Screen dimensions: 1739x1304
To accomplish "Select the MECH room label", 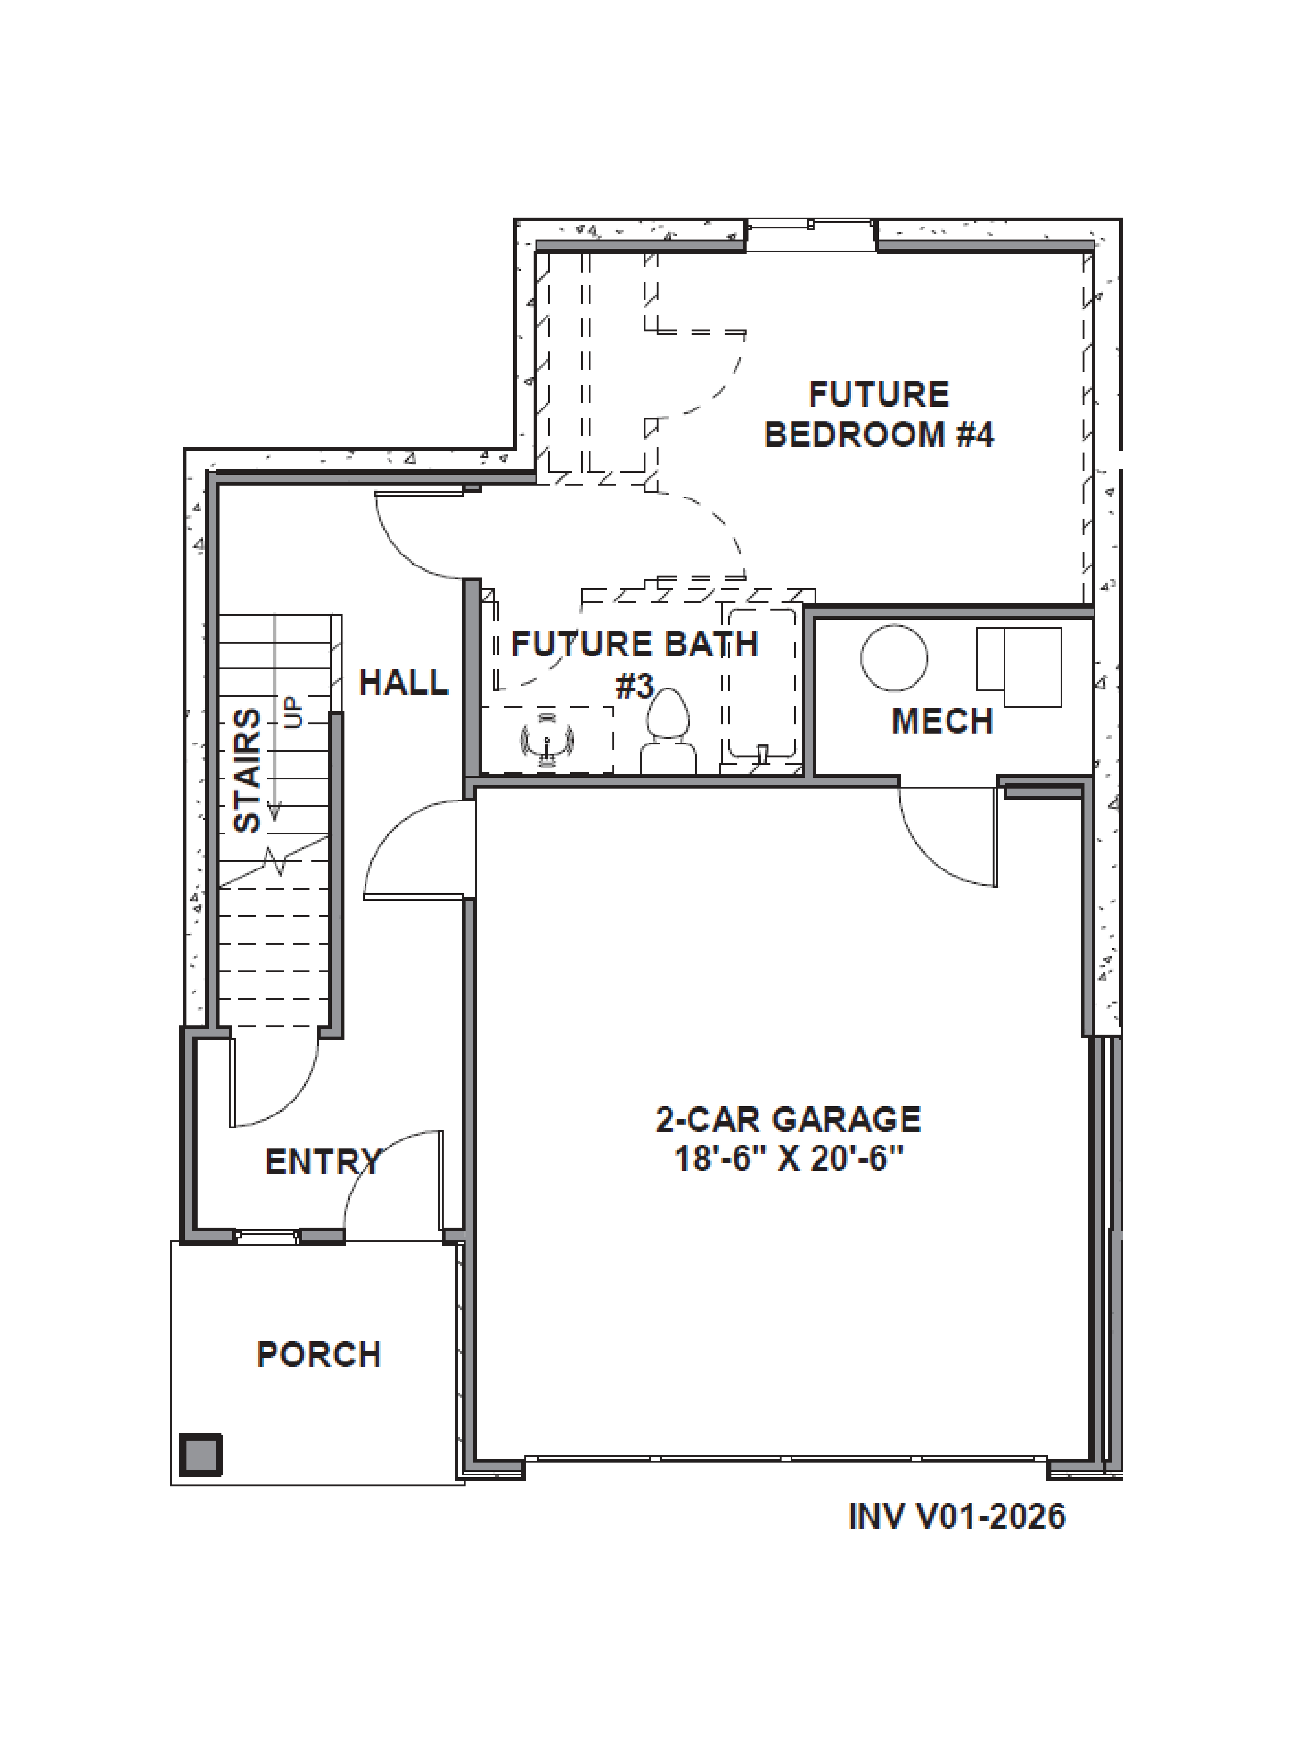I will click(942, 721).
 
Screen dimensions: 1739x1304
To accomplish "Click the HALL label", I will click(403, 682).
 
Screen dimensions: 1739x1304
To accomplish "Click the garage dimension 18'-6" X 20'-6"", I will click(788, 1158).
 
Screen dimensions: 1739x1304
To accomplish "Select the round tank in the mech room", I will click(894, 658).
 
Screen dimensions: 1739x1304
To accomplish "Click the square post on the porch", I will click(201, 1454).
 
